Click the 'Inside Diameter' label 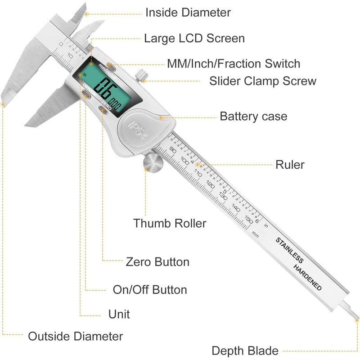tap(188, 13)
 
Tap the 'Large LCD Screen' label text tap(194, 38)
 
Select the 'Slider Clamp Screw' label tap(263, 81)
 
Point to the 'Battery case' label tap(253, 116)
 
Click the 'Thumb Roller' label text tap(170, 223)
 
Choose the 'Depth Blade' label tap(245, 351)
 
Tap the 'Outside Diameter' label tap(75, 336)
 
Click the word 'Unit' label tap(119, 314)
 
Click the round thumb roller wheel tap(153, 163)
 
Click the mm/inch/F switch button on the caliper tap(111, 67)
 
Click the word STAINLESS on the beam tap(289, 250)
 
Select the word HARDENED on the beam tap(308, 277)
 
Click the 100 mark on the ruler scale tap(185, 161)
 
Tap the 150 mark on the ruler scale tap(249, 219)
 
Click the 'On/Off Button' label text tap(150, 289)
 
